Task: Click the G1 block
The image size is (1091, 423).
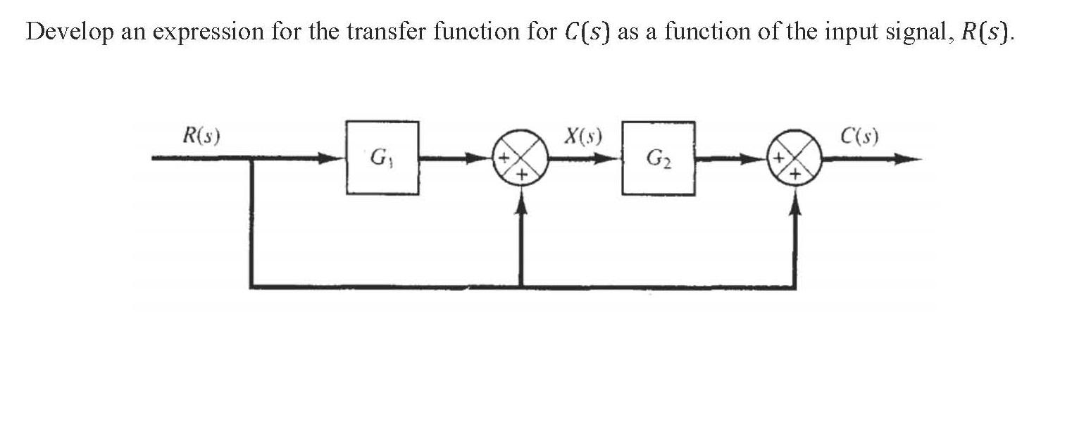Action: click(x=382, y=158)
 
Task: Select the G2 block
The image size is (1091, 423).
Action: click(x=658, y=158)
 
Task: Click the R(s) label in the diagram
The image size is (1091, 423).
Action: click(x=201, y=135)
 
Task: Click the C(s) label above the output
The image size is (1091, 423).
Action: click(x=859, y=135)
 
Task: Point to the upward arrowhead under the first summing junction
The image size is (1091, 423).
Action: click(x=521, y=200)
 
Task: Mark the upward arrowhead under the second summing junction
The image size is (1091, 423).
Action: click(x=796, y=200)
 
